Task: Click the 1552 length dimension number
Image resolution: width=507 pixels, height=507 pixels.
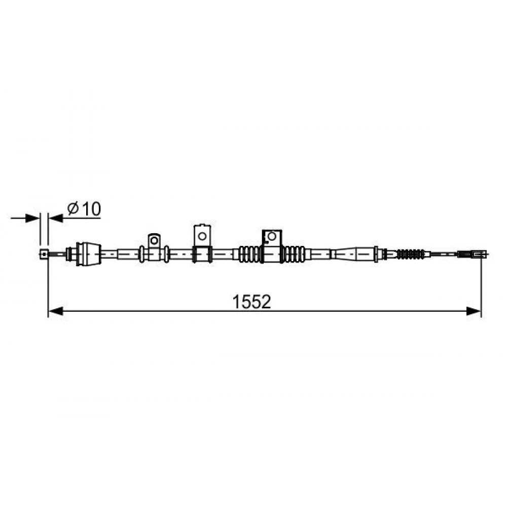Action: [x=251, y=302]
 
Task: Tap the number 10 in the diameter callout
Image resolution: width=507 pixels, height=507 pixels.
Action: [x=91, y=209]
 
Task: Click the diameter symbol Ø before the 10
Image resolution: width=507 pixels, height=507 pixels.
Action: [x=73, y=208]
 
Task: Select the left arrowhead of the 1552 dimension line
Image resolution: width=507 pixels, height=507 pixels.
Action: [x=55, y=311]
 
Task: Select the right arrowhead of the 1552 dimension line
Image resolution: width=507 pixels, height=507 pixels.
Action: [x=474, y=311]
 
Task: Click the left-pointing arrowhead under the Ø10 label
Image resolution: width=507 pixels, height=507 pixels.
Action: [x=56, y=218]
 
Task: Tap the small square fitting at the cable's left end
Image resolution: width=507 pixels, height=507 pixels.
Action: [x=44, y=254]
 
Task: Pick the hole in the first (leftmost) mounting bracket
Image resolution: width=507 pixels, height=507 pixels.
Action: [x=154, y=240]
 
